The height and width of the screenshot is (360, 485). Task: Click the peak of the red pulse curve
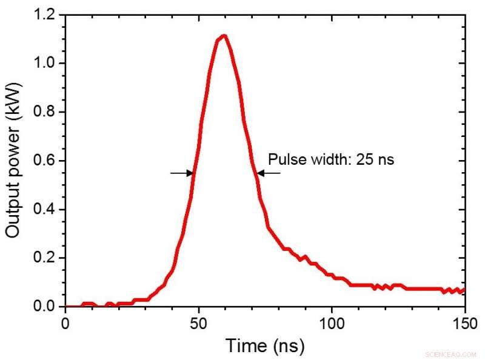[x=224, y=36]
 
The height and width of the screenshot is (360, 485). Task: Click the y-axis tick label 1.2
[x=46, y=14]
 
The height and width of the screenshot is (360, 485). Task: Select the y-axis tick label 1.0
[x=46, y=63]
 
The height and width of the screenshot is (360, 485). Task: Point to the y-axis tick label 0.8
[x=46, y=112]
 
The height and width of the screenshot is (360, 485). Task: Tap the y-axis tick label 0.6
[x=46, y=161]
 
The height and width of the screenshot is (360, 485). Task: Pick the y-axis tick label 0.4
[x=46, y=209]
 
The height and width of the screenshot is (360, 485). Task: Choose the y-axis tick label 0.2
[x=46, y=258]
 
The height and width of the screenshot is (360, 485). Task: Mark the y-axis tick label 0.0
[x=46, y=307]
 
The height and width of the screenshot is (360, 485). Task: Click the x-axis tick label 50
[x=198, y=322]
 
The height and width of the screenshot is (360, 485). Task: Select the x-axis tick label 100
[x=332, y=322]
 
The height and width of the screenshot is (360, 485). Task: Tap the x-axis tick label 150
[x=464, y=322]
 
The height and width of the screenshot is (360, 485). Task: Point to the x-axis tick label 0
[x=65, y=322]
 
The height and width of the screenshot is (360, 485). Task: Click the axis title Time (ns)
[x=265, y=346]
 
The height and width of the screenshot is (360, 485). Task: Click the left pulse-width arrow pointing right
[x=182, y=173]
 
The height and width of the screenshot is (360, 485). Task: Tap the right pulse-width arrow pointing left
[x=268, y=173]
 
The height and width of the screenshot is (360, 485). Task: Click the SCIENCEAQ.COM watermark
[x=452, y=353]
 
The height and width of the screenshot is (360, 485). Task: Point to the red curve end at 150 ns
[x=464, y=290]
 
